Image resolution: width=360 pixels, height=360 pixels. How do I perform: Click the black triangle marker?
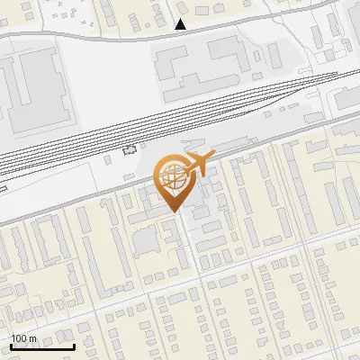pos(181,24)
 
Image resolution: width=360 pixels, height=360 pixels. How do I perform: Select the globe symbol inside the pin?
pos(175,178)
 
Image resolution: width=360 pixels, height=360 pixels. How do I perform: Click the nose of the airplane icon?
pos(212,155)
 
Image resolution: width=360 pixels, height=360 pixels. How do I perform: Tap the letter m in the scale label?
pos(32,338)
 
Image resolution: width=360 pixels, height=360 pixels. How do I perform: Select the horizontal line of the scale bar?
pos(41,346)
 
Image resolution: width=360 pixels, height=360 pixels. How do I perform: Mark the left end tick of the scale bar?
pos(11,345)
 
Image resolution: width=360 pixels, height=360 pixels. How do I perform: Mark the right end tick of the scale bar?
pos(73,345)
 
